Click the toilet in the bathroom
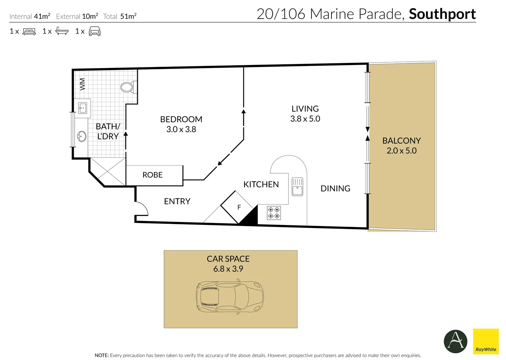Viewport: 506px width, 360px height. [x=127, y=87]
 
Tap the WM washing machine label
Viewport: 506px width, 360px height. [x=82, y=84]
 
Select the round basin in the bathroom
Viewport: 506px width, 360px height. [x=82, y=136]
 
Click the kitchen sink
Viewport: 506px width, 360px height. [x=297, y=187]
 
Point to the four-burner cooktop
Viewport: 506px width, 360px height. [x=274, y=213]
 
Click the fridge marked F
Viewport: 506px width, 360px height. [x=239, y=207]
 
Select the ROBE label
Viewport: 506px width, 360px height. [x=152, y=175]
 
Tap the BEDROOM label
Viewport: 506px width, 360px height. [x=181, y=119]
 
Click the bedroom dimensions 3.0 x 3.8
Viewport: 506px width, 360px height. [x=181, y=129]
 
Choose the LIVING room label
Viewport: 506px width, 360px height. [x=305, y=109]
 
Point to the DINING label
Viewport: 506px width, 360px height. [x=335, y=189]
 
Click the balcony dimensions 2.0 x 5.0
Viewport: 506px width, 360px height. [x=401, y=151]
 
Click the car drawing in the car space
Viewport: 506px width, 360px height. [x=229, y=297]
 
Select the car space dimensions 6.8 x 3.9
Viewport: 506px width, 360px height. [x=228, y=269]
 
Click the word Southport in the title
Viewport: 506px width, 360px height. [x=442, y=14]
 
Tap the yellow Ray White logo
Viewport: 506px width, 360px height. [x=486, y=341]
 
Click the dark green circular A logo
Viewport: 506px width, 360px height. [x=455, y=341]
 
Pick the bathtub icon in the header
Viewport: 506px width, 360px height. [x=62, y=31]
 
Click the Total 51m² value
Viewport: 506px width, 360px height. [x=128, y=16]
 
